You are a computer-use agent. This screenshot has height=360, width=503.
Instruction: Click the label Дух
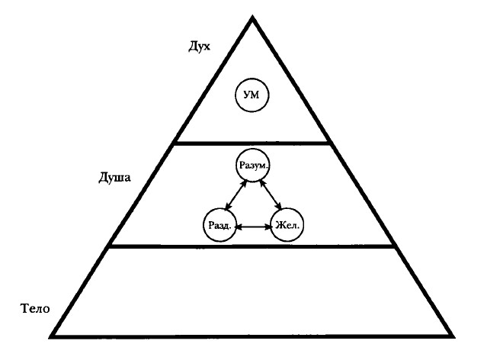pos(199,47)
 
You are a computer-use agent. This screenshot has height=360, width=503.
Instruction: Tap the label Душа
pos(116,179)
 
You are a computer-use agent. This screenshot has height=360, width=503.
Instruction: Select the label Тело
pos(34,309)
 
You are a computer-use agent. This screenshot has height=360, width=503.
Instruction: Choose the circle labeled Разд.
pos(219,226)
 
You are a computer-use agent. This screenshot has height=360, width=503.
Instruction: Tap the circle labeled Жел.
pos(288,226)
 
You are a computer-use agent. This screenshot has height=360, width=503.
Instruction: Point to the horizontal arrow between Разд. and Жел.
pos(253,227)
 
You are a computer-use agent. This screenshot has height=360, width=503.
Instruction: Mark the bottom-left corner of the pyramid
pos(51,335)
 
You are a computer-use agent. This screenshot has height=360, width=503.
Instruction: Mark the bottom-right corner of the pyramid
pos(453,335)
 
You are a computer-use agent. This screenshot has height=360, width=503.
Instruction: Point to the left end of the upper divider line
pos(175,143)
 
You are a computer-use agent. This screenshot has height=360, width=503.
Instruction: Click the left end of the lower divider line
pos(110,246)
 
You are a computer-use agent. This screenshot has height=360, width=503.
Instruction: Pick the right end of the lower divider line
pos(396,246)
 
